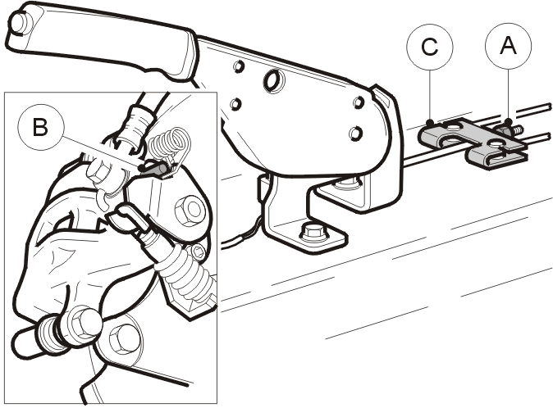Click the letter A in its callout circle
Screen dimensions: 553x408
(x=508, y=46)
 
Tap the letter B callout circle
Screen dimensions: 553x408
(x=41, y=127)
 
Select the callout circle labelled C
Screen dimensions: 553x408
(x=430, y=46)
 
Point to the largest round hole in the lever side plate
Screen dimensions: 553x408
(x=272, y=79)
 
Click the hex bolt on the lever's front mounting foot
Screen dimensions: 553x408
(x=314, y=233)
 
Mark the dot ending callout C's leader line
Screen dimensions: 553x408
(x=430, y=123)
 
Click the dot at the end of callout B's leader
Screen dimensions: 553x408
(x=142, y=167)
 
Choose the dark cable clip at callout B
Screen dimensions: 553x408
(x=155, y=169)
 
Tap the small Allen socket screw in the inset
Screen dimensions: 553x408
(x=197, y=252)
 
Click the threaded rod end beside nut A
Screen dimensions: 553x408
(x=518, y=130)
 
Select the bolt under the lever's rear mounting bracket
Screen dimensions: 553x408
(x=348, y=183)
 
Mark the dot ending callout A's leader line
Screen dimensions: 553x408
(x=508, y=122)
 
